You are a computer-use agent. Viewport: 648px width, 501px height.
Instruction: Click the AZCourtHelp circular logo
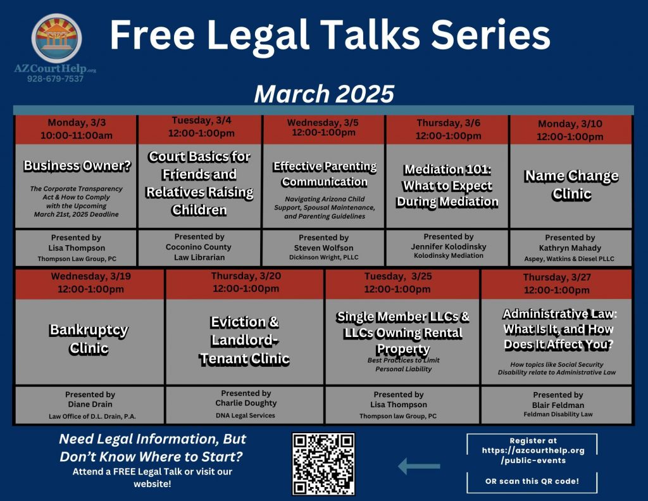pos(56,38)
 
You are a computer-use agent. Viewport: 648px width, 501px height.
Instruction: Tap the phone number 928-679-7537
pos(56,79)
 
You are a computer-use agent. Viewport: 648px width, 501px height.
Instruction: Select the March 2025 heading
pos(324,94)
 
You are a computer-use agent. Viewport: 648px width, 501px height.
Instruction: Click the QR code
pos(323,464)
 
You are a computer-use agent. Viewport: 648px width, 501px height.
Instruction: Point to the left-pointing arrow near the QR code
pos(419,466)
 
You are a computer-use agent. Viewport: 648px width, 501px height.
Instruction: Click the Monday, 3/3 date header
pos(77,129)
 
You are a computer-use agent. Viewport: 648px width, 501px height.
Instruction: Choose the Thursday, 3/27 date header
pos(557,283)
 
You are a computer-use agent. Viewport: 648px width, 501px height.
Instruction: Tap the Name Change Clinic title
pos(571,185)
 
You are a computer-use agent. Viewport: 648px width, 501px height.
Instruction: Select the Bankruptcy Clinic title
pos(89,339)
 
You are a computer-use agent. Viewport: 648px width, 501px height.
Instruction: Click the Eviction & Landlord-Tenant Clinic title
pos(245,340)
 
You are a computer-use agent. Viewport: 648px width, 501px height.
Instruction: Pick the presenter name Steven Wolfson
pos(323,248)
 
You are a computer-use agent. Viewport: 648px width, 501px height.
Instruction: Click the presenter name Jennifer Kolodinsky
pos(449,246)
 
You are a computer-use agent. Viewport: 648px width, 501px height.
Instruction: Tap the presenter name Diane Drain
pos(90,404)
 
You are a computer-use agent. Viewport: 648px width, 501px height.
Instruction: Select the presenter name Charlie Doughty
pos(246,403)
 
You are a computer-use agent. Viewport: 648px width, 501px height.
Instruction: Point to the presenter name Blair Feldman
pos(558,405)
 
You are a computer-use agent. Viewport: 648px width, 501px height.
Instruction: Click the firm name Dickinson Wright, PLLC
pos(323,257)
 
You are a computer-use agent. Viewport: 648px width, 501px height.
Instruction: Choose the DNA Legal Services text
pos(245,415)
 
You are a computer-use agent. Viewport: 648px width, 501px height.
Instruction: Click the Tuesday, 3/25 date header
pos(397,282)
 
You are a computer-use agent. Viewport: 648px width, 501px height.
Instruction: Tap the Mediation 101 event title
pos(447,186)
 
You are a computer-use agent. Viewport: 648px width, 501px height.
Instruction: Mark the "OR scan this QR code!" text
pos(532,481)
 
